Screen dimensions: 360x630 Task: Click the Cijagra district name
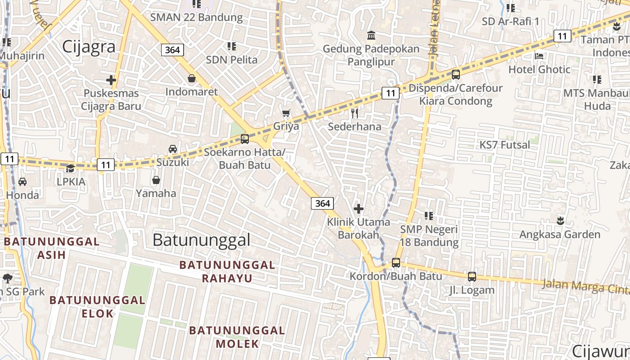89,47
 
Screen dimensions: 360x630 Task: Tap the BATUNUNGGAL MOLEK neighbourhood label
237,337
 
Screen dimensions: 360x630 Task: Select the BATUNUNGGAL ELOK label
97,306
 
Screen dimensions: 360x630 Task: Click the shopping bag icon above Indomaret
192,79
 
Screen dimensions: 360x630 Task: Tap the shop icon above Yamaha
156,180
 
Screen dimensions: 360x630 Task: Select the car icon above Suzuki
172,149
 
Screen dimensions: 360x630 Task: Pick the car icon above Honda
22,182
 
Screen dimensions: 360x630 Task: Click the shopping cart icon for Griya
286,113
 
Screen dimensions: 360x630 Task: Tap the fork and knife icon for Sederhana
355,113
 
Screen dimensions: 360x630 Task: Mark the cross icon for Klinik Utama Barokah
359,209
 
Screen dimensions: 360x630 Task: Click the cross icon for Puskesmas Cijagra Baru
111,80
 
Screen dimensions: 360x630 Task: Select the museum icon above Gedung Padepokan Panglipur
372,36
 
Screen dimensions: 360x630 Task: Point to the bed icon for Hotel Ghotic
539,56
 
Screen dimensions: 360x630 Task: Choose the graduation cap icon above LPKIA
70,168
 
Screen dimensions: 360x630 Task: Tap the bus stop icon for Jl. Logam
472,277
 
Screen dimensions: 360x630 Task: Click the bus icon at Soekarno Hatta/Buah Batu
245,139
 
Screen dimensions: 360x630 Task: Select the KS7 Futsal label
504,145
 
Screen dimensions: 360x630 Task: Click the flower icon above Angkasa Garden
560,221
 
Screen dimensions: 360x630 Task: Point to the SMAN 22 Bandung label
196,18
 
